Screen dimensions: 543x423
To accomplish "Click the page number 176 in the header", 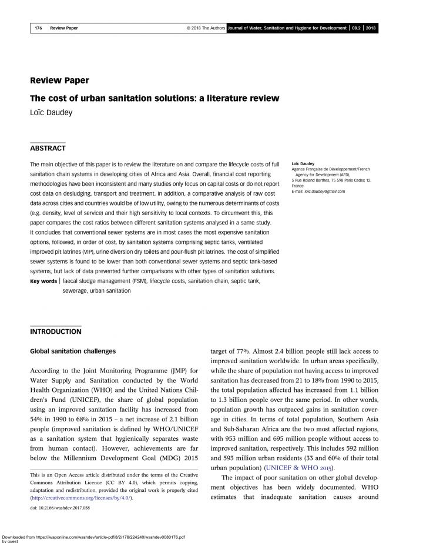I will click(x=38, y=28).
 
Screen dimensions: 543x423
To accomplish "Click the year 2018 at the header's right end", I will click(x=371, y=28).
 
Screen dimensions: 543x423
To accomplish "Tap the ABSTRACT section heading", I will click(x=48, y=148).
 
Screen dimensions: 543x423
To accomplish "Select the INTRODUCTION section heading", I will click(x=56, y=331).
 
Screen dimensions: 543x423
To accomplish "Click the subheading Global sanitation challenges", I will click(x=73, y=351).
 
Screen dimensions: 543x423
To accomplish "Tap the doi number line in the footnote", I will click(x=60, y=510).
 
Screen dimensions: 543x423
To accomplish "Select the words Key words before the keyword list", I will click(x=43, y=281).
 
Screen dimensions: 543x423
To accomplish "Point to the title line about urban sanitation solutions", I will click(x=155, y=98).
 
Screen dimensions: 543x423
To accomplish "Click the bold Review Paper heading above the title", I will click(x=59, y=81).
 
